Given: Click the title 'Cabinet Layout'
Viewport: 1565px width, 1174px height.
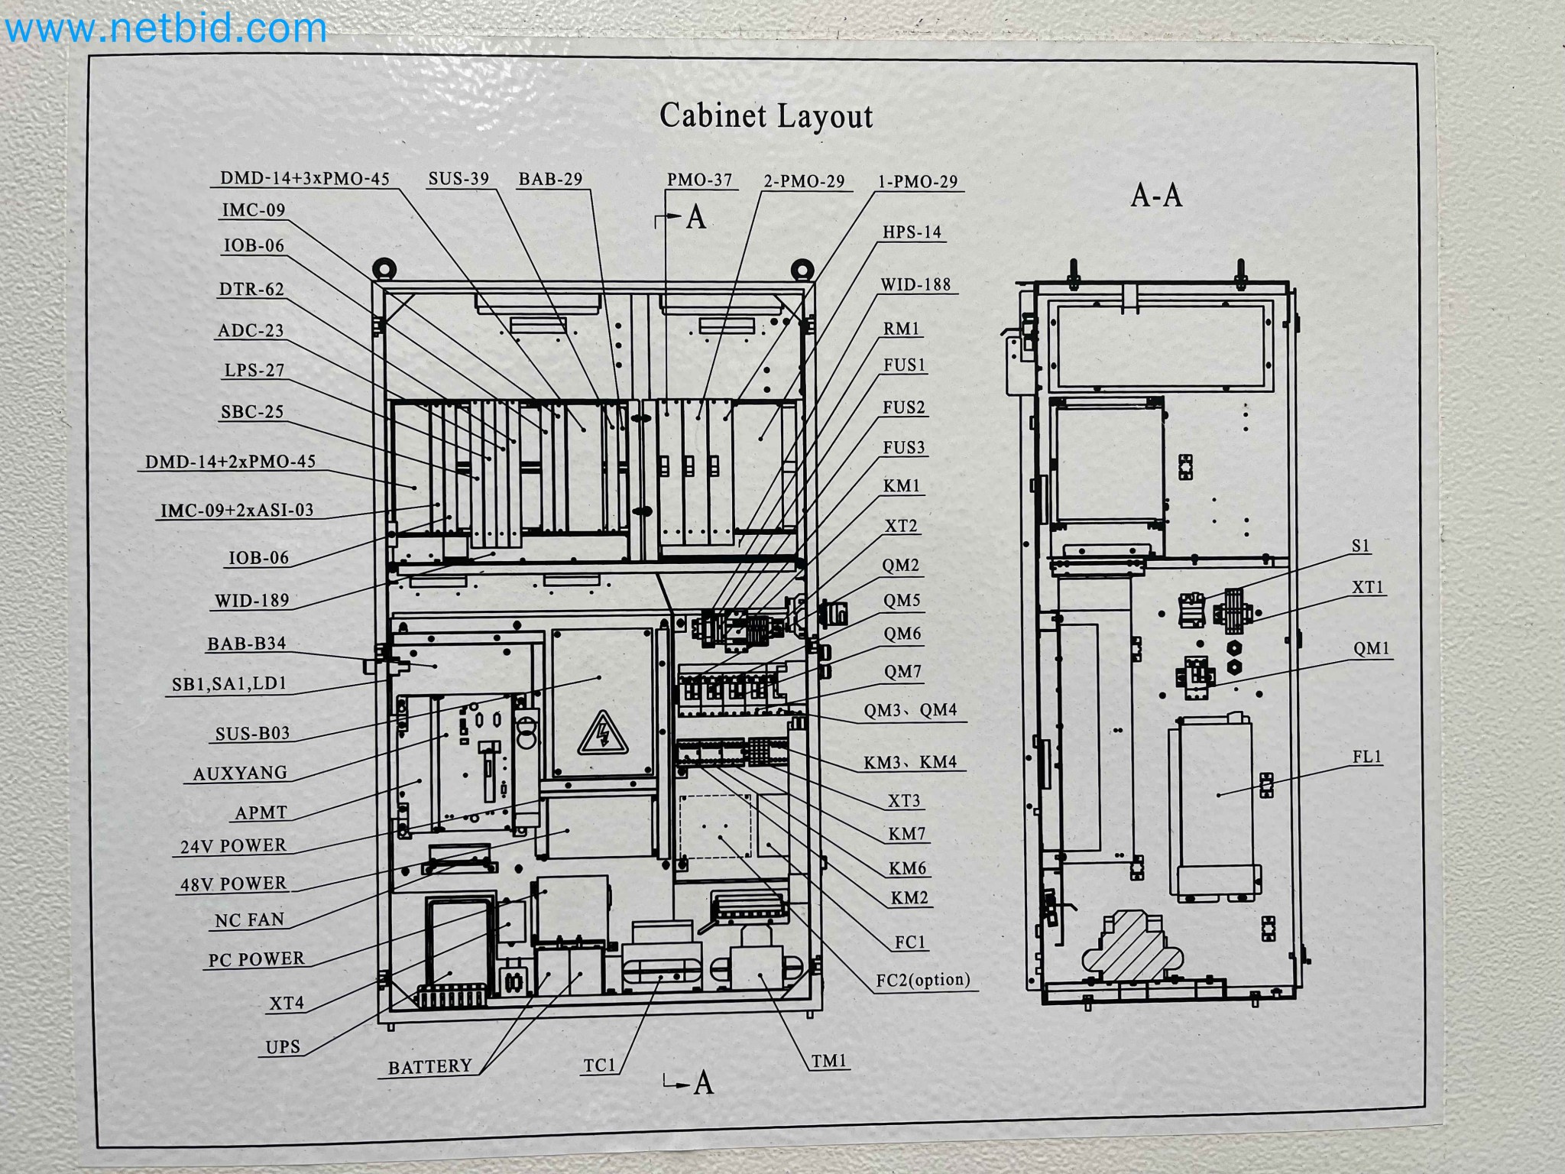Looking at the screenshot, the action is [x=766, y=116].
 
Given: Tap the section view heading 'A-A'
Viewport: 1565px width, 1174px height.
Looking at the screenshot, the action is [x=1156, y=196].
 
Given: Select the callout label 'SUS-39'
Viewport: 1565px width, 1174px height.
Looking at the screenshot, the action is [x=458, y=179].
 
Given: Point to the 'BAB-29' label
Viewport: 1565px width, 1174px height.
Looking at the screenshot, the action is [x=550, y=180].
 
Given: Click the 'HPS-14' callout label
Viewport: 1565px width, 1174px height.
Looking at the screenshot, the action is [x=912, y=232].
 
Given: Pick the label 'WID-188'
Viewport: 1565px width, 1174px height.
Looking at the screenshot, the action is [x=915, y=284].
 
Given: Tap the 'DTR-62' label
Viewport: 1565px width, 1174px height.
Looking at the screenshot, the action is [x=251, y=290].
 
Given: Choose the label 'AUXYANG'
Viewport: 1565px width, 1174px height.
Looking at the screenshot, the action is [x=240, y=773].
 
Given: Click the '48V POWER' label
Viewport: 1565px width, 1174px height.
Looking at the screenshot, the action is [x=233, y=884].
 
